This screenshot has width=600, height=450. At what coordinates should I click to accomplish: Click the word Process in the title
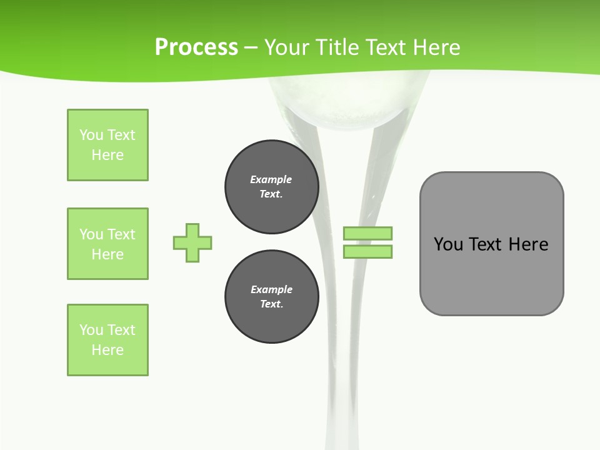tap(196, 47)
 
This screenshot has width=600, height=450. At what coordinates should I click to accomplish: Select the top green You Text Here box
tap(107, 145)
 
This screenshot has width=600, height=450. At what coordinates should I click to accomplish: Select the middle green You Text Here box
tap(107, 244)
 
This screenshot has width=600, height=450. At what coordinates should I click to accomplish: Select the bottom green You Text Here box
tap(107, 340)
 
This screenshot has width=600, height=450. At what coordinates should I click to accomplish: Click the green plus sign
tap(192, 242)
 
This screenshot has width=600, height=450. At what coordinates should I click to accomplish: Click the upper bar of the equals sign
tap(367, 233)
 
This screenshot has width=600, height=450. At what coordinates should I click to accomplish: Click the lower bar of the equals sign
tap(367, 251)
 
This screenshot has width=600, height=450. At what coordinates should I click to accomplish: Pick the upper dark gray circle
tap(272, 187)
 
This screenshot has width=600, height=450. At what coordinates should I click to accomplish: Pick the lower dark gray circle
tap(272, 297)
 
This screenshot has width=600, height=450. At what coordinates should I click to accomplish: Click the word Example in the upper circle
tap(271, 179)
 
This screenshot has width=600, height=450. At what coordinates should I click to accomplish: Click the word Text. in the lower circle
tap(271, 304)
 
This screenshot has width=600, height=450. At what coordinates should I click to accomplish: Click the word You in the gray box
tap(448, 244)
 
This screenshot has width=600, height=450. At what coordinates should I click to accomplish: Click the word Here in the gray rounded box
tap(528, 244)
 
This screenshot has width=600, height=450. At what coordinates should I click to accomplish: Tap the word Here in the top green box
tap(107, 155)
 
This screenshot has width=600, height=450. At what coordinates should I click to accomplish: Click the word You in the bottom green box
tap(91, 330)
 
